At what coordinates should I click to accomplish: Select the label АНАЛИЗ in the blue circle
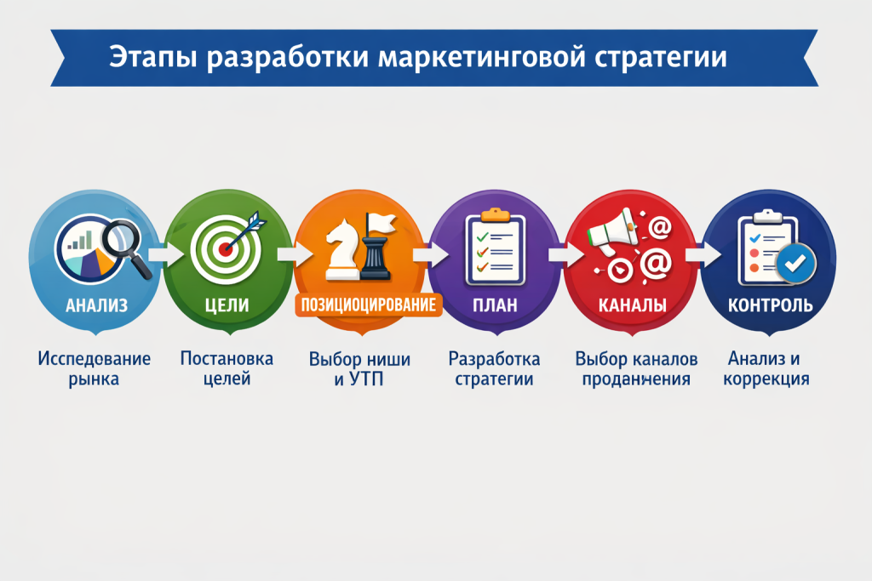(x=96, y=304)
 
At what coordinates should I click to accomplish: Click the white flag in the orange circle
(x=381, y=224)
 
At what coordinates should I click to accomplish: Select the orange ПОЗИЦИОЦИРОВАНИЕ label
(x=369, y=305)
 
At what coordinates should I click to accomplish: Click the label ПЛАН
(x=495, y=304)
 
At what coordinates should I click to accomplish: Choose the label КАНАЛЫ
(x=632, y=304)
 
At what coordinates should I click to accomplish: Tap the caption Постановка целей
(x=227, y=368)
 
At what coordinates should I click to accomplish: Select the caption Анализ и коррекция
(x=766, y=368)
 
